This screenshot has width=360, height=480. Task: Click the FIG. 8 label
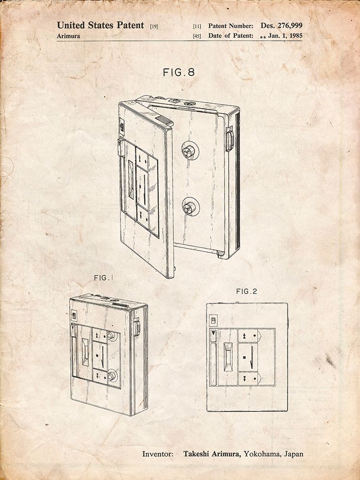point(179,72)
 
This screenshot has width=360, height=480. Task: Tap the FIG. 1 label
point(104,278)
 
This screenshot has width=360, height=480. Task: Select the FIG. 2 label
point(247,292)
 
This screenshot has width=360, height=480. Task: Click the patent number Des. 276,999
point(281,25)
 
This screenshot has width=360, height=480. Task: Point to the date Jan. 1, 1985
point(285,36)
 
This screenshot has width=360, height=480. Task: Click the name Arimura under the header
point(68,36)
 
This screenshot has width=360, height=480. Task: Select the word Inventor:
point(157,454)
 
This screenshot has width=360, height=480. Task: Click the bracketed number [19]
point(154,26)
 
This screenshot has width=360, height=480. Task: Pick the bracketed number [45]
point(197,36)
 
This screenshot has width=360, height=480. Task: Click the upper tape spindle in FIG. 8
point(189,151)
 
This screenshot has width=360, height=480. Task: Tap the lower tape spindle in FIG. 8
point(189,208)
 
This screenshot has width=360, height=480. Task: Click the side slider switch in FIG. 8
point(229,139)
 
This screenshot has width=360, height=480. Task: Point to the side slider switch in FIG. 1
point(137,327)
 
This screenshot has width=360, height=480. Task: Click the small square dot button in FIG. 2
point(245,357)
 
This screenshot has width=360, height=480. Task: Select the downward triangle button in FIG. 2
point(213,334)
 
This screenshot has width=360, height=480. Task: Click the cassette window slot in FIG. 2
point(228,357)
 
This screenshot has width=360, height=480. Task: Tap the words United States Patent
point(100,25)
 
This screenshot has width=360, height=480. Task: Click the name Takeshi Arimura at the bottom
point(212,454)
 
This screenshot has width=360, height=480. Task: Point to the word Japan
point(294,454)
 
